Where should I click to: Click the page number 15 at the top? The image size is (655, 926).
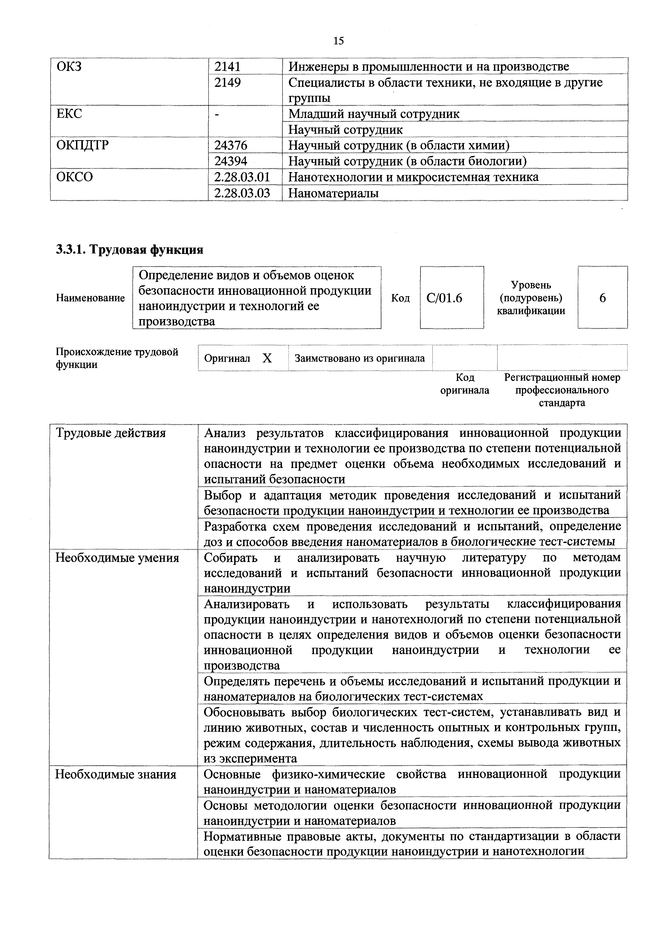338,41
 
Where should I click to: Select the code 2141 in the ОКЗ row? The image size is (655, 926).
228,66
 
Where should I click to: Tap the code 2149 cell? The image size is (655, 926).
228,82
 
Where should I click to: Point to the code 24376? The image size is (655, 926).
231,145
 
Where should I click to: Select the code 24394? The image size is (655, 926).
231,161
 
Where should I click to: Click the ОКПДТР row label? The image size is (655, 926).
82,145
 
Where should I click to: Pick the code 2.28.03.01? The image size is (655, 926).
242,177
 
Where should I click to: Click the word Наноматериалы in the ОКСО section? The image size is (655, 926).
333,193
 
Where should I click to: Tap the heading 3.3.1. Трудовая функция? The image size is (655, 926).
129,250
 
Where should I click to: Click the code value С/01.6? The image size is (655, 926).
444,298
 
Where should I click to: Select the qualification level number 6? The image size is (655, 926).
602,298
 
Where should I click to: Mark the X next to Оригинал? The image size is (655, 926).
267,358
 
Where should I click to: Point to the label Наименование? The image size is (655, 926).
90,298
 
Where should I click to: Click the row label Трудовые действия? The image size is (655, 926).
111,433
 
